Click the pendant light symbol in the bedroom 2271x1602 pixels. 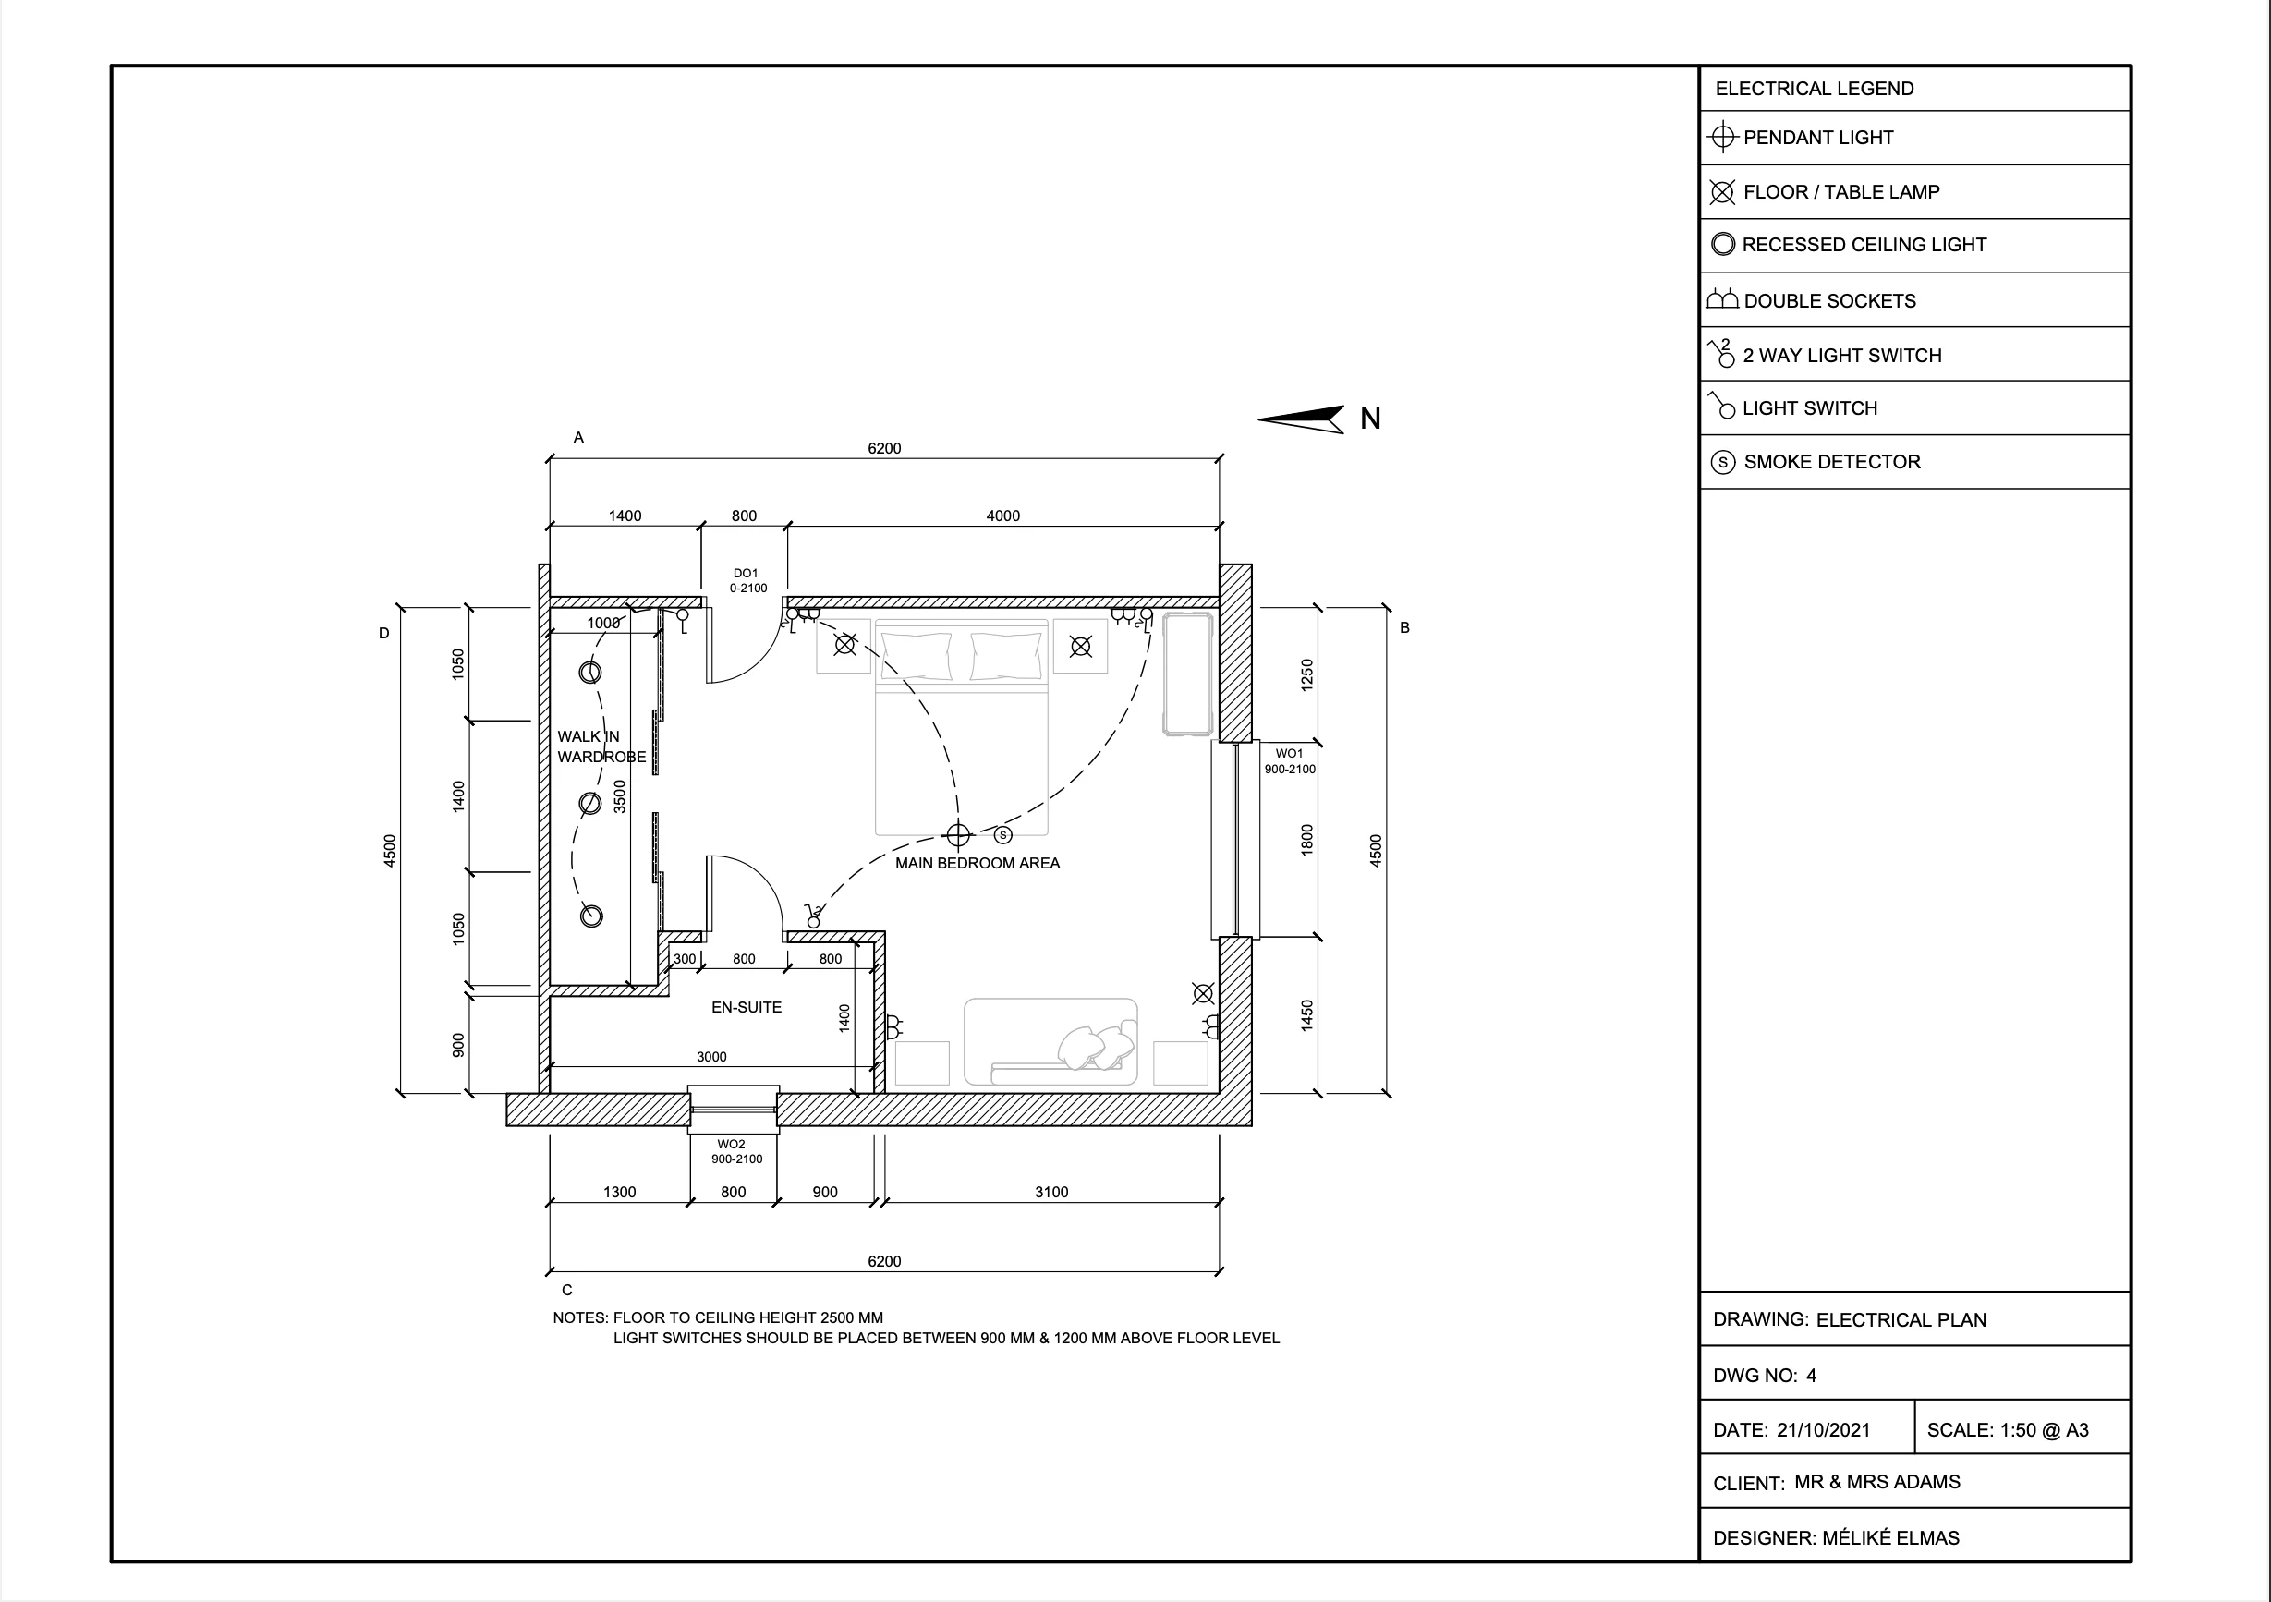click(x=957, y=835)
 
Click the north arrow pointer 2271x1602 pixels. click(x=1301, y=419)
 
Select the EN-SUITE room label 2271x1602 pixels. click(x=747, y=1008)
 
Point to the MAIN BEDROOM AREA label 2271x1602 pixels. click(x=978, y=863)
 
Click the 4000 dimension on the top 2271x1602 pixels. click(x=1003, y=516)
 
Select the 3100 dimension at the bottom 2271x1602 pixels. click(x=1051, y=1193)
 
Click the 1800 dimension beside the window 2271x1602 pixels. click(x=1306, y=840)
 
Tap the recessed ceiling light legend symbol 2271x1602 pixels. click(x=1723, y=244)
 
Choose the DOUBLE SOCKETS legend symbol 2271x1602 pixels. click(x=1722, y=298)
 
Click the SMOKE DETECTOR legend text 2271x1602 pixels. click(x=1832, y=462)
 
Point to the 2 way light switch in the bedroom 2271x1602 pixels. click(x=813, y=916)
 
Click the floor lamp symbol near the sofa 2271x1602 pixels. click(x=1203, y=994)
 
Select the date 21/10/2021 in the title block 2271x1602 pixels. click(x=1823, y=1430)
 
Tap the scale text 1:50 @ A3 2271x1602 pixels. click(x=2045, y=1430)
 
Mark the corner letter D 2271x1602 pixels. click(x=383, y=634)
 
